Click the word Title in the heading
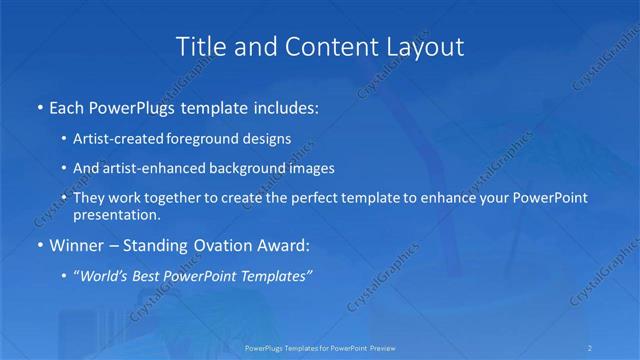[200, 47]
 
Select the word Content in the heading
[320, 47]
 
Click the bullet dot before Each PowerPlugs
[38, 106]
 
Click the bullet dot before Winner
[38, 246]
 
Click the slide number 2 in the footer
[591, 348]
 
